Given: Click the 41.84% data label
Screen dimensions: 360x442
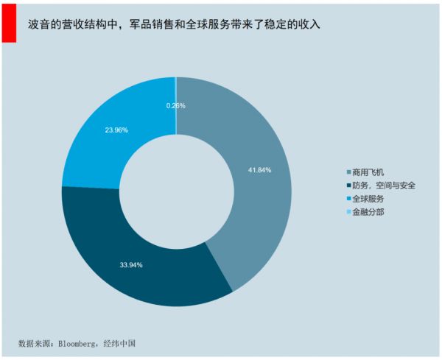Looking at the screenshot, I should [259, 170].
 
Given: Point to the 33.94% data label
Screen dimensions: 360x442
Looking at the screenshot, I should [131, 264].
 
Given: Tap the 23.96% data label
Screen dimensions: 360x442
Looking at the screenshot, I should [116, 130].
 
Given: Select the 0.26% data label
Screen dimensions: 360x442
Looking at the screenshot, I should [176, 106].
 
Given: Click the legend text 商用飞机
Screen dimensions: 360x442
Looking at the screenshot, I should [369, 173].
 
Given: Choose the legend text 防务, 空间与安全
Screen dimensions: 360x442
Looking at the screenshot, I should [384, 186].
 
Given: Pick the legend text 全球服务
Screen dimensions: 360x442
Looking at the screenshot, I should [369, 200].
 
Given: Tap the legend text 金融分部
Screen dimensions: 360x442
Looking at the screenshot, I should [369, 213].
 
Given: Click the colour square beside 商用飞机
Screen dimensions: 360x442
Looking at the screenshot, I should [348, 173].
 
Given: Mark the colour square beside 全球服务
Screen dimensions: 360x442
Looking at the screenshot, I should [348, 200].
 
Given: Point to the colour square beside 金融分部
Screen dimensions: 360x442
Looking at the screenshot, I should [348, 213].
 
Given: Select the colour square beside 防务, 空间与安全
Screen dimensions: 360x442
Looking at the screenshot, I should [348, 186].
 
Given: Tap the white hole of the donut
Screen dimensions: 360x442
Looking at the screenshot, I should [176, 191].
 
